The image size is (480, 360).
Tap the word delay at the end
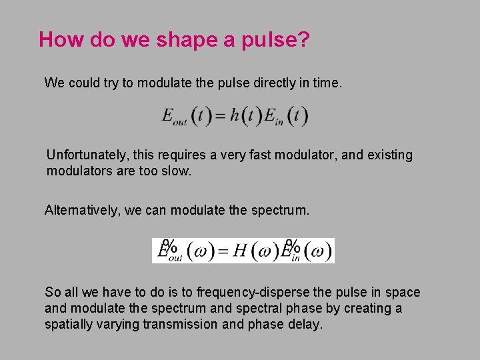click(307, 325)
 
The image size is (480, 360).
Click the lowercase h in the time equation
click(235, 117)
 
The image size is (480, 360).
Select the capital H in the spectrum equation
click(241, 251)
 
